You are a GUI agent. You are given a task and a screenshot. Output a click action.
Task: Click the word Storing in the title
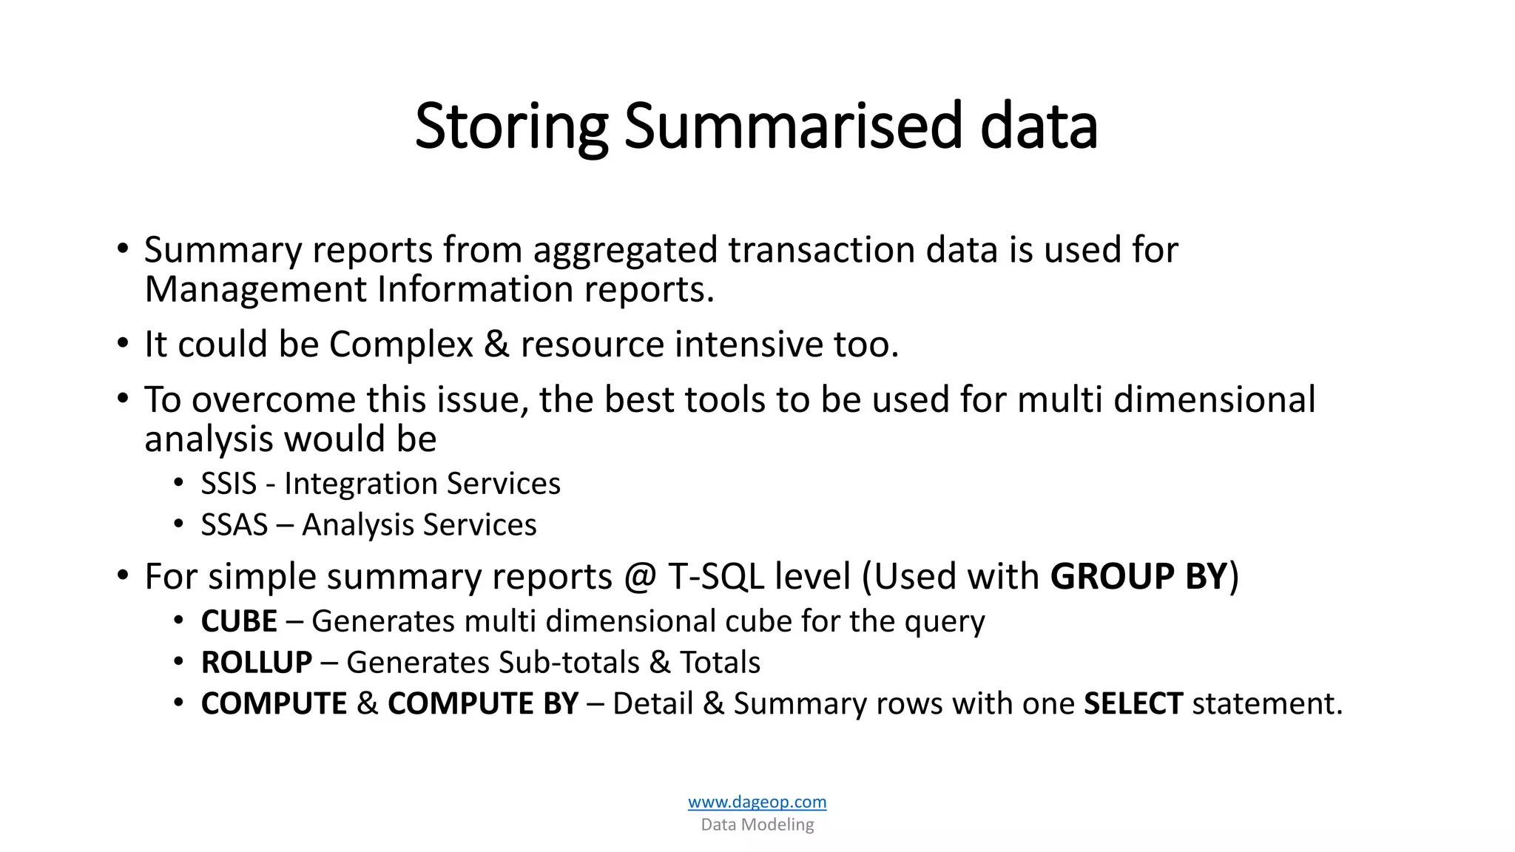click(x=510, y=127)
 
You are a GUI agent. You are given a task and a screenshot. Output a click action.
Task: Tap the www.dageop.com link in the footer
click(x=757, y=802)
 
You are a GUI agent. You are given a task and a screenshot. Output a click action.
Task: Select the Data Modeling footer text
click(x=757, y=825)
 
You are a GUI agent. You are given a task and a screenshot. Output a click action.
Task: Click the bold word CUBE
click(x=239, y=621)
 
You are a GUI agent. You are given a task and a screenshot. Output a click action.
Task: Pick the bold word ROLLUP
click(x=256, y=663)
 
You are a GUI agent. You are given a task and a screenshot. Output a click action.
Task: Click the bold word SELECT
click(x=1133, y=703)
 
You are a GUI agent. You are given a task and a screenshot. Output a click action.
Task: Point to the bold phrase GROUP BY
click(x=1138, y=577)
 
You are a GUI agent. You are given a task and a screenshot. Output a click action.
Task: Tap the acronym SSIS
click(x=229, y=484)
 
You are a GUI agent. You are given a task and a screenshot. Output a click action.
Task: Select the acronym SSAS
click(x=234, y=526)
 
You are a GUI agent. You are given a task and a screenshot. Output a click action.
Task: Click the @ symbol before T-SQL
click(x=640, y=578)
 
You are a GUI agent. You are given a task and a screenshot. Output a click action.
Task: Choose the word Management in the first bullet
click(x=254, y=290)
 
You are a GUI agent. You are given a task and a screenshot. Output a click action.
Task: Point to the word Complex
click(x=400, y=345)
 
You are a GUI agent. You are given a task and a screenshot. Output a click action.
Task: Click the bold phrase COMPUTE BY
click(x=482, y=703)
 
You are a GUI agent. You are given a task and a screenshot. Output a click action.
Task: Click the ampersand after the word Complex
click(x=496, y=345)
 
